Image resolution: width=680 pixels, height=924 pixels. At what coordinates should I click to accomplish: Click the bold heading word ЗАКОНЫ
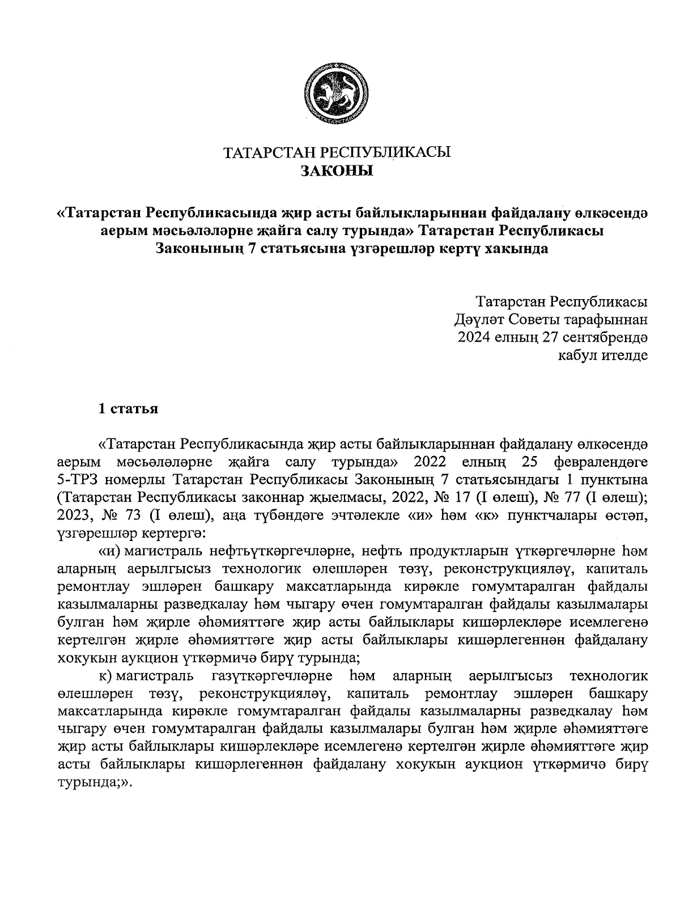pyautogui.click(x=337, y=171)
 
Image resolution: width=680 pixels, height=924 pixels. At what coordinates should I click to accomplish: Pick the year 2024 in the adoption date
pyautogui.click(x=478, y=338)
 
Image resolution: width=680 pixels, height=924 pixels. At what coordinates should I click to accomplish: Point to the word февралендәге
pyautogui.click(x=601, y=461)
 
